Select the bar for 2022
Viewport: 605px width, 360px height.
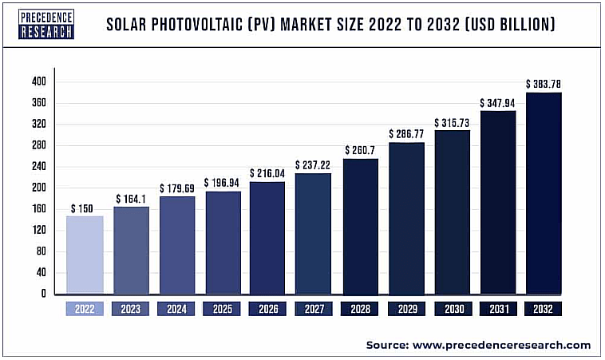click(x=85, y=254)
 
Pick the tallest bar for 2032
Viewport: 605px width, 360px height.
click(x=543, y=193)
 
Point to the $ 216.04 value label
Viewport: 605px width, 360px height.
click(x=267, y=173)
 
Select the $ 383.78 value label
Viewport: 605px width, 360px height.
click(x=543, y=84)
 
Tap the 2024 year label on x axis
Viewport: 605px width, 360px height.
click(x=176, y=308)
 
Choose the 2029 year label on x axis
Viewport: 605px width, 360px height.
click(x=405, y=308)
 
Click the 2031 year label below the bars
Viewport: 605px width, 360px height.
click(x=497, y=308)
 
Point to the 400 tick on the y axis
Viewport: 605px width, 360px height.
click(x=39, y=81)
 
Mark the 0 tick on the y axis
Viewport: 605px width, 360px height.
click(x=44, y=294)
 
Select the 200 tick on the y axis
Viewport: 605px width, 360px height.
click(x=39, y=188)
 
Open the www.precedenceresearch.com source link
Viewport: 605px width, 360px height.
click(x=500, y=345)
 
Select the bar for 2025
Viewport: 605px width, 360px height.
click(x=222, y=242)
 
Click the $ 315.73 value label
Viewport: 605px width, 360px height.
click(x=452, y=123)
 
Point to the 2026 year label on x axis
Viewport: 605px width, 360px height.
click(x=267, y=308)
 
